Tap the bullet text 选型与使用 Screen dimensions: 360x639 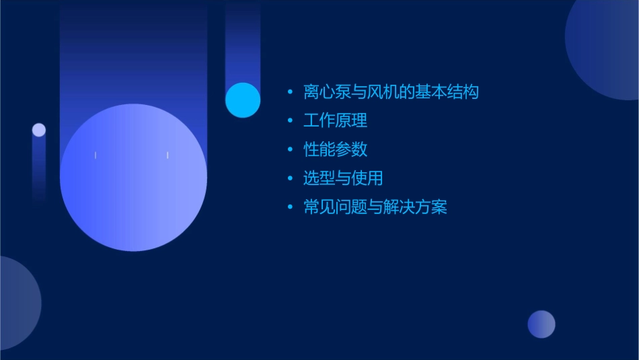tap(343, 178)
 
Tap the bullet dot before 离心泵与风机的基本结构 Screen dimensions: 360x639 tap(290, 92)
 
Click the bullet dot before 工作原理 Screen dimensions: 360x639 tap(290, 121)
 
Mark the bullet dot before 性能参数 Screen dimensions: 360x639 tap(290, 149)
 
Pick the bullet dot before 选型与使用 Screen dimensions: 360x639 tap(290, 178)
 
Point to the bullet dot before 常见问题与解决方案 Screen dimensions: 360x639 tap(290, 207)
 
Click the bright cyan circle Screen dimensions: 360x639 tap(243, 100)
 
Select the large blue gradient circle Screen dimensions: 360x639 tap(133, 178)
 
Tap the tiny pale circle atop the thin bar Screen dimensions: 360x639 tap(39, 130)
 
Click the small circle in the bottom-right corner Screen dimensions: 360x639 tap(541, 324)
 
